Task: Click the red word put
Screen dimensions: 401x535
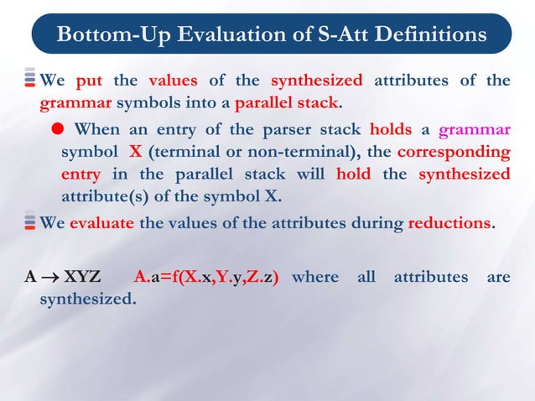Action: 89,81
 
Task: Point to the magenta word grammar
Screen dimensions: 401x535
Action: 474,131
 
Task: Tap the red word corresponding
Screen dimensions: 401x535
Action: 453,153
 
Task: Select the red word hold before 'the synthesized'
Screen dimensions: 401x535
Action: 353,174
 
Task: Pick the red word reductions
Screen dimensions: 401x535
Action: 449,224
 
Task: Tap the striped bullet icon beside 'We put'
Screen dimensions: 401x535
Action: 30,81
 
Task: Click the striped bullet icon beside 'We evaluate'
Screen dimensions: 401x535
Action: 30,224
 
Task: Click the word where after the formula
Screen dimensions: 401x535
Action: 315,277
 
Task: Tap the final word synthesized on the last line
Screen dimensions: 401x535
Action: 87,298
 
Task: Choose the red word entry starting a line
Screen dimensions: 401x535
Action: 81,174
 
